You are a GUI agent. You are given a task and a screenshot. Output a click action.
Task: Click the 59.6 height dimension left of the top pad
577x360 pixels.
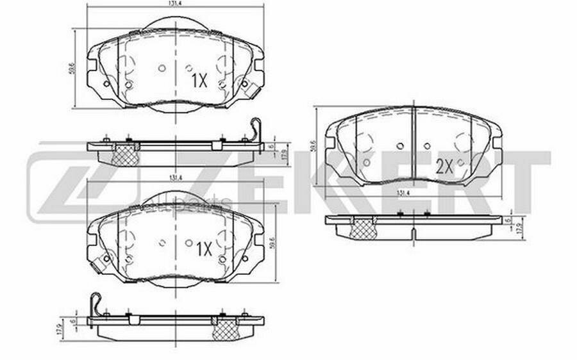click(71, 67)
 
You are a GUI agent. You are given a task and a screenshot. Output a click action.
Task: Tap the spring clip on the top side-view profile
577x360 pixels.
click(256, 130)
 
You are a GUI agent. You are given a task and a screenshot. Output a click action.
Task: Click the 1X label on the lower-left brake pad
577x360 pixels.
click(202, 249)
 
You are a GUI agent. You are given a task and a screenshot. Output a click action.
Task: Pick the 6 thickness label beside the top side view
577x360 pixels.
click(272, 146)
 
